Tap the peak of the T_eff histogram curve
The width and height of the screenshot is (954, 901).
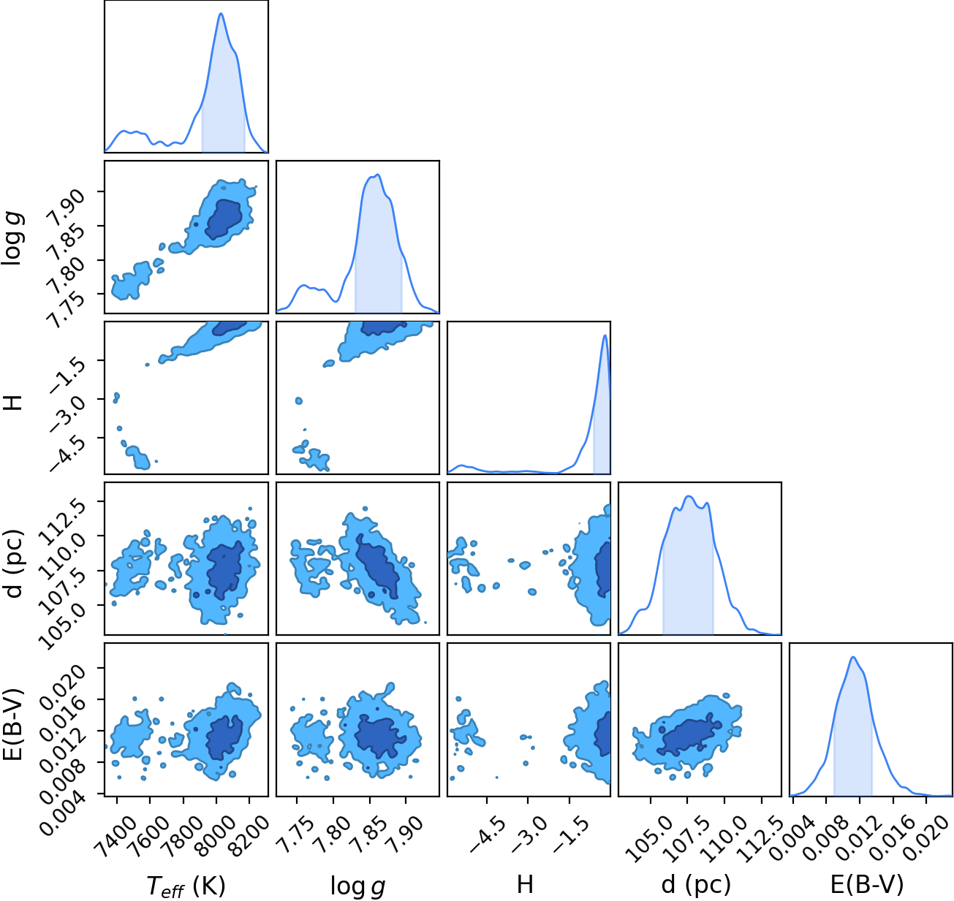tap(221, 13)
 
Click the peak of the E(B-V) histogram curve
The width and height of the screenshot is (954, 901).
tap(853, 657)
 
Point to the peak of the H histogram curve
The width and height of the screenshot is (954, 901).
tap(605, 335)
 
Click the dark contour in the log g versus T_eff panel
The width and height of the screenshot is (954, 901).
tap(224, 219)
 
